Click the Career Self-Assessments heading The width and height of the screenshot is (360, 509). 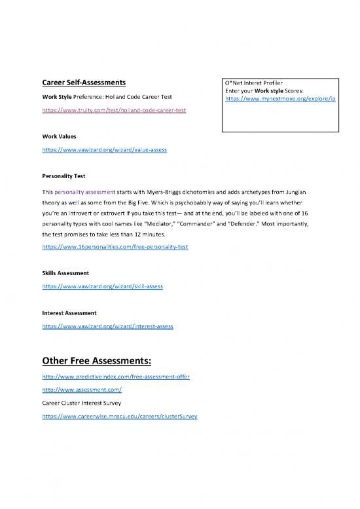point(84,83)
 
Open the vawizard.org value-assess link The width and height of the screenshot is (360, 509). point(104,150)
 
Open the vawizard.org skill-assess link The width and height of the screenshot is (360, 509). point(102,286)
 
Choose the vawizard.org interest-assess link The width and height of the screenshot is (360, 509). point(108,325)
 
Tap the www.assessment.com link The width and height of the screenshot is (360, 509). point(82,391)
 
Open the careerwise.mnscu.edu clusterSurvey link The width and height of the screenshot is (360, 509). point(120,416)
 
